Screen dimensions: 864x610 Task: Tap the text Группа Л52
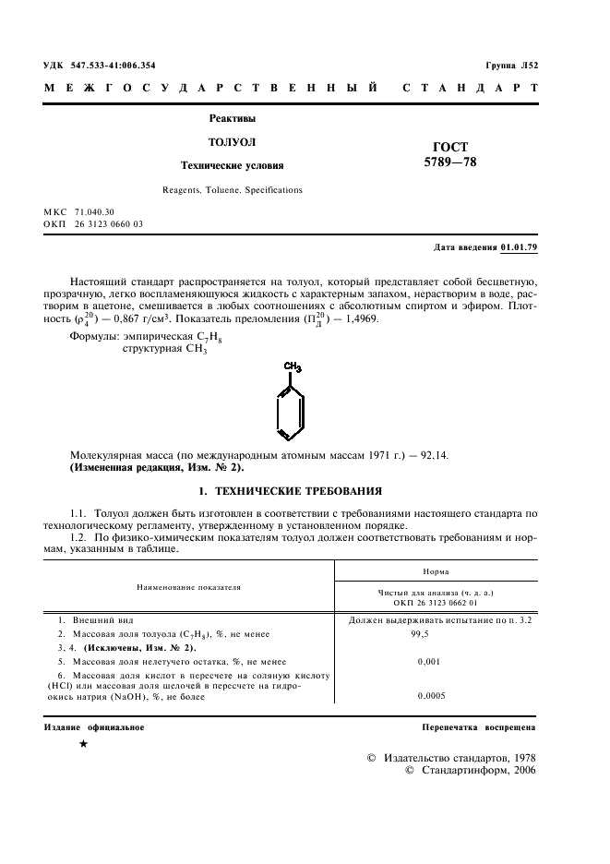[x=510, y=66]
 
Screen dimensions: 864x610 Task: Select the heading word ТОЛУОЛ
[x=232, y=142]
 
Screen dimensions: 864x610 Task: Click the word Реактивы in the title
[x=232, y=118]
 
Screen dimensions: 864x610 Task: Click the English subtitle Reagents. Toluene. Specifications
[x=232, y=190]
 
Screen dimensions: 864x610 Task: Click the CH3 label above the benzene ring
[x=293, y=366]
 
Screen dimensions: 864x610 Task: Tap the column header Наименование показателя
[x=188, y=586]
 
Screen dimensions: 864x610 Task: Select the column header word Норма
[x=437, y=572]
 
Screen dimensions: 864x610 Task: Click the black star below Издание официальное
[x=84, y=743]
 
